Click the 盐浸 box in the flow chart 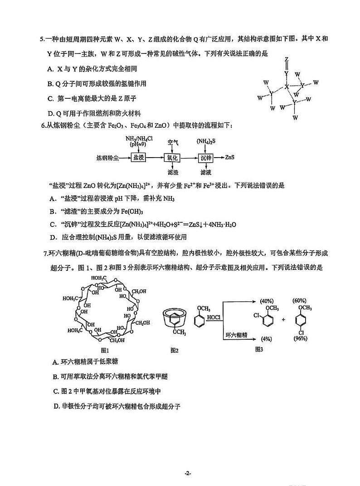click(x=138, y=158)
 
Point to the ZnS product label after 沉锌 click(x=230, y=158)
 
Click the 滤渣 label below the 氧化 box click(x=172, y=173)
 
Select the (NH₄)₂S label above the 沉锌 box click(x=205, y=141)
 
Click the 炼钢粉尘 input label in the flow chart click(x=107, y=158)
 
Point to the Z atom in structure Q click(x=286, y=59)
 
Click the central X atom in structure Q click(x=286, y=86)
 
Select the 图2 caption click(x=175, y=350)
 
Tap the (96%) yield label click(x=301, y=338)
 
